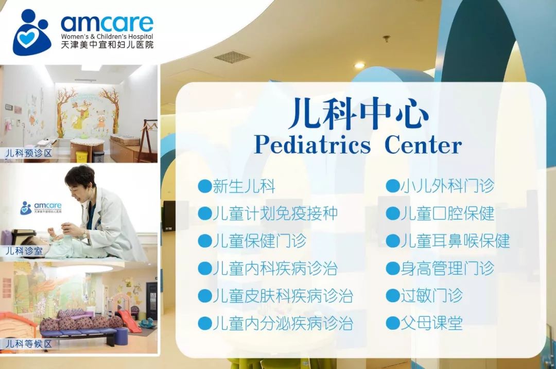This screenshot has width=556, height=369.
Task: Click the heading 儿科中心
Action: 358,113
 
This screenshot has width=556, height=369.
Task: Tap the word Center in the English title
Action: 423,145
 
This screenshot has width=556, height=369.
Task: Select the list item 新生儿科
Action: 244,186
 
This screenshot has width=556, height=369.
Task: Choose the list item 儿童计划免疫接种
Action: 275,214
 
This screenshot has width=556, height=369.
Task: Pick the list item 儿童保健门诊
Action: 259,241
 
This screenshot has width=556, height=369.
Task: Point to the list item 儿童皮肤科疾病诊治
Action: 283,295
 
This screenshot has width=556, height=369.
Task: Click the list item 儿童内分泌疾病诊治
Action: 283,323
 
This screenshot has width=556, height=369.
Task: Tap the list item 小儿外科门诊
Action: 447,186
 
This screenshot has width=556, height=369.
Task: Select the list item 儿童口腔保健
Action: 447,214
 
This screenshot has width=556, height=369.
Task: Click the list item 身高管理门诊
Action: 447,268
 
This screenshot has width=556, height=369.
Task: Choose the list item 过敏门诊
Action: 432,295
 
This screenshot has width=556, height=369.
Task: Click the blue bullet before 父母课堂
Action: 392,323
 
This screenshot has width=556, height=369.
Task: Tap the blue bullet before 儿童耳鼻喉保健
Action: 392,241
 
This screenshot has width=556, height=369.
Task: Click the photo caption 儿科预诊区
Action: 28,153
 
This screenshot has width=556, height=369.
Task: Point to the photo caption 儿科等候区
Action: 28,343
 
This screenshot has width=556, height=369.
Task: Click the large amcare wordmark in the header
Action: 107,24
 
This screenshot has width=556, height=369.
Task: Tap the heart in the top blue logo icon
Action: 27,38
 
